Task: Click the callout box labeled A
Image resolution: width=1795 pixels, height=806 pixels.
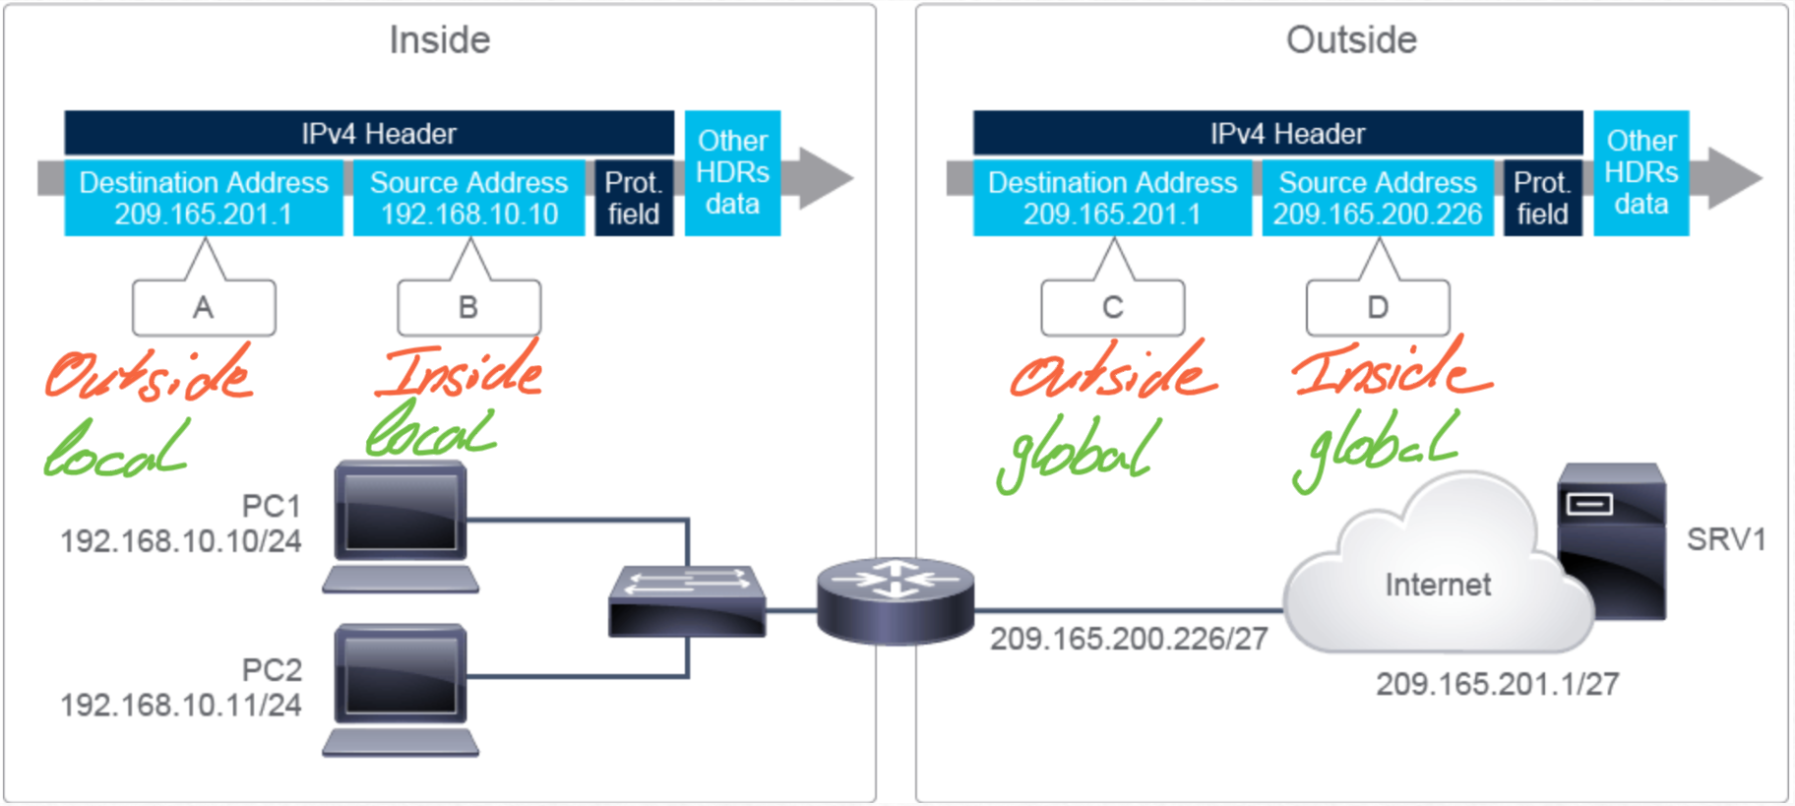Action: [x=204, y=308]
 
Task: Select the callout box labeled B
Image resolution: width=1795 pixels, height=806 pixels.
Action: [x=468, y=308]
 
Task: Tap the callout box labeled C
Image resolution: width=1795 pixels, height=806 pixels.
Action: [x=1112, y=308]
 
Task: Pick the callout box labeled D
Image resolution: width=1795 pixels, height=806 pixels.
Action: [x=1378, y=308]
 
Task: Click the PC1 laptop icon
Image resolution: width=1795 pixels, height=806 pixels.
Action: [x=401, y=527]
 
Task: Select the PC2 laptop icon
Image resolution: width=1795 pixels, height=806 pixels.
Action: [x=401, y=690]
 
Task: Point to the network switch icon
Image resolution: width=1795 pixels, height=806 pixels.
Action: [x=687, y=600]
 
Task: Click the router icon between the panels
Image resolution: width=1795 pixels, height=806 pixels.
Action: [x=895, y=599]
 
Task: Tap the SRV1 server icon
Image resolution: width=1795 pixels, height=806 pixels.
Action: [x=1612, y=540]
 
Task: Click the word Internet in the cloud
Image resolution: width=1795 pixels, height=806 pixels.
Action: [x=1438, y=585]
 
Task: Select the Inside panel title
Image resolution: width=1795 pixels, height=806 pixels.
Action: [x=440, y=40]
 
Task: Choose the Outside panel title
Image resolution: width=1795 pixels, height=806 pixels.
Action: [x=1351, y=40]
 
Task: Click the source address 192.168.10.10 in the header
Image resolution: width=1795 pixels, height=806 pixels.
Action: [x=469, y=215]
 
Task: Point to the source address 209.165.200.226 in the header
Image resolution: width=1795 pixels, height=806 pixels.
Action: [x=1378, y=215]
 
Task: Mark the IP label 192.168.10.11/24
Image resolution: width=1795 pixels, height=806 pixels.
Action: [x=181, y=705]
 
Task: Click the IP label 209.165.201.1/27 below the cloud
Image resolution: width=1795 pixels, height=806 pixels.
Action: [x=1497, y=684]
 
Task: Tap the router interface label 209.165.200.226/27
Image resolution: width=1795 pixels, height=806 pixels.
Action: [x=1129, y=639]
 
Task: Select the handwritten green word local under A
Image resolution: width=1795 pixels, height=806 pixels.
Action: [x=115, y=451]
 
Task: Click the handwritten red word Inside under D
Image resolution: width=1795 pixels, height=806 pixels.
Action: [x=1391, y=368]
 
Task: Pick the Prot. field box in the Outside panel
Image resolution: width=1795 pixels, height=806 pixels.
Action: [x=1542, y=199]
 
